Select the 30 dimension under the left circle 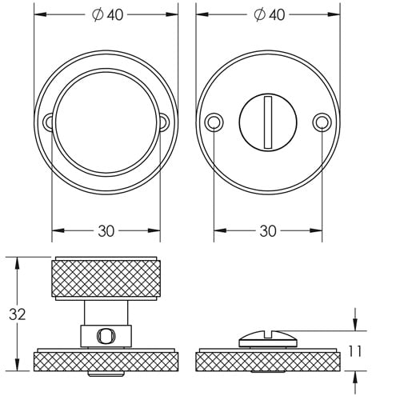106,230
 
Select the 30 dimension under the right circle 268,230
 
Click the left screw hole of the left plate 49,122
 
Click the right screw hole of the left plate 164,122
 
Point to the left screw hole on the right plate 213,122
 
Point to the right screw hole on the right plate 322,122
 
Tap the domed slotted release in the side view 268,337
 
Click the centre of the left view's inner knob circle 106,122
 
